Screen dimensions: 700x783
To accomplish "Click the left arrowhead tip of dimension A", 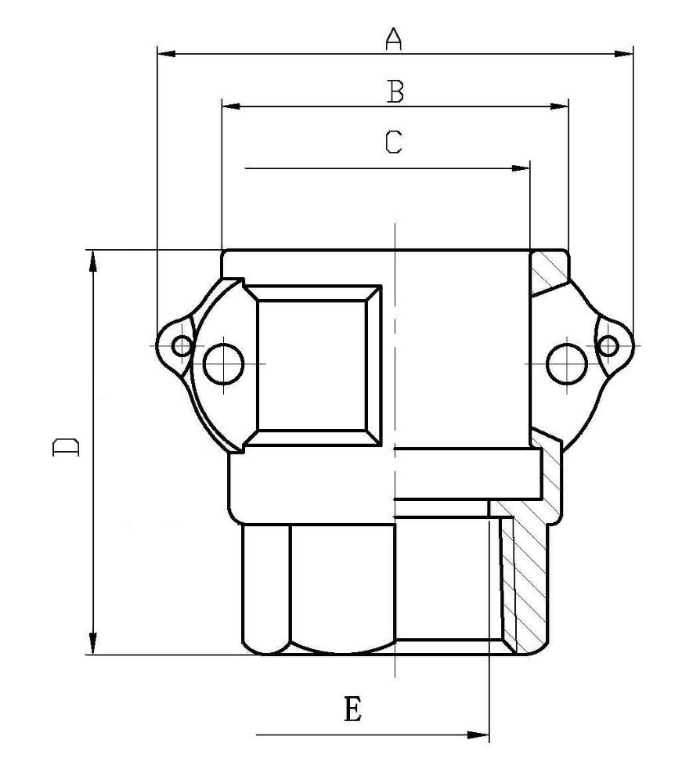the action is click(158, 53).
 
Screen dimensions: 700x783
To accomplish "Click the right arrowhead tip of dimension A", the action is click(633, 53).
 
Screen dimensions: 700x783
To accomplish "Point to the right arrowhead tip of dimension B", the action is click(568, 106).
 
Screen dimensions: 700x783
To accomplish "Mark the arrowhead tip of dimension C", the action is click(529, 168).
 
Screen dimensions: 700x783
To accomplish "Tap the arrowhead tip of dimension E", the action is click(489, 734).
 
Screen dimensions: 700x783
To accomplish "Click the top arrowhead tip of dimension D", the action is click(93, 251).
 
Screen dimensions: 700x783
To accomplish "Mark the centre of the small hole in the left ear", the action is click(182, 345).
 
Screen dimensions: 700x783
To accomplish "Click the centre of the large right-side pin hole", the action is click(567, 363).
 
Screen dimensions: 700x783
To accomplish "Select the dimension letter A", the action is click(393, 39).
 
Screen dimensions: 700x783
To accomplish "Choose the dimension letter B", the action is click(395, 92).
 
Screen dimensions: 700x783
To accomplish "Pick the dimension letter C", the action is click(393, 142).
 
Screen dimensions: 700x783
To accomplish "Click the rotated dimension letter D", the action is click(66, 447).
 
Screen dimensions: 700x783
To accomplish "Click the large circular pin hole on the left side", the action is click(224, 363).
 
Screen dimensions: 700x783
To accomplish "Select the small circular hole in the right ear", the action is click(608, 345).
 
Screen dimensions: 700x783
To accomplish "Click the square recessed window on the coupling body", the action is click(312, 365).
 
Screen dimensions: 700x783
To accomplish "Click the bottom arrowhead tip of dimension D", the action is click(93, 654).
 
